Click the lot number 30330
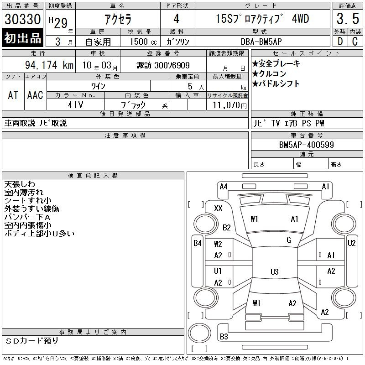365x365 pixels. pyautogui.click(x=22, y=19)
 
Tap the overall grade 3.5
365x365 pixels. pyautogui.click(x=348, y=19)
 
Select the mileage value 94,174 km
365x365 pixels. pyautogui.click(x=49, y=65)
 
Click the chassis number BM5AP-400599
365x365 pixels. pyautogui.click(x=306, y=145)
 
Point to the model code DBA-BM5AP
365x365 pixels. pyautogui.click(x=261, y=42)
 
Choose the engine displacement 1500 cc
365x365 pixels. pyautogui.click(x=143, y=42)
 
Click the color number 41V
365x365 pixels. pyautogui.click(x=75, y=105)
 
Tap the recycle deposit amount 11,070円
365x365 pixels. pyautogui.click(x=229, y=105)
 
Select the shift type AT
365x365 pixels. pyautogui.click(x=13, y=95)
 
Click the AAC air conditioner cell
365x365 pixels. pyautogui.click(x=35, y=95)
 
